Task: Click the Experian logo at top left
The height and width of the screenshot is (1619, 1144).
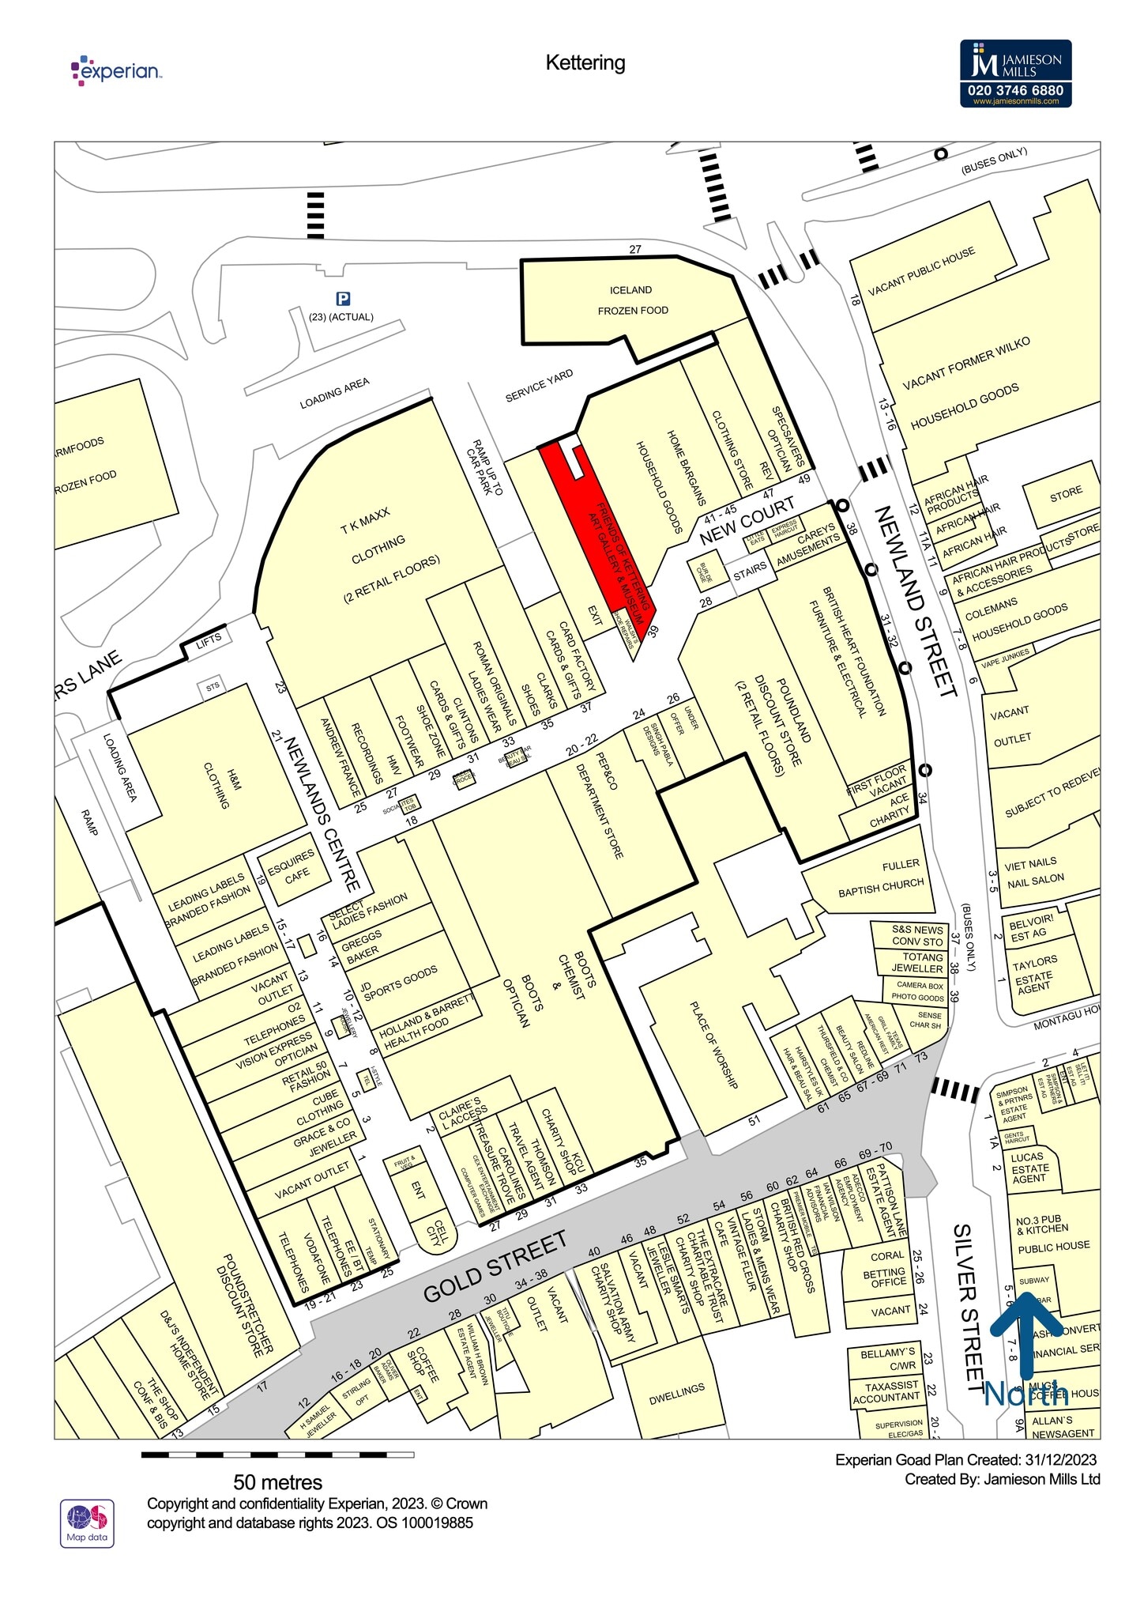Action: [116, 70]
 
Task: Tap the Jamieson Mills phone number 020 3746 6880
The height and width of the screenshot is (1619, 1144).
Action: [1015, 90]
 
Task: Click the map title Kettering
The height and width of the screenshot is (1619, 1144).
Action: [585, 63]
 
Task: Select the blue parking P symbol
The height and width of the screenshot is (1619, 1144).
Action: [343, 299]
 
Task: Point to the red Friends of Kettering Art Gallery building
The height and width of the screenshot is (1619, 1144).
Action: [600, 530]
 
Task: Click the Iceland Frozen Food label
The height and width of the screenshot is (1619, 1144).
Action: [632, 300]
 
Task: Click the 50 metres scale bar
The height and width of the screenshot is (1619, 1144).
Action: [277, 1454]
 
